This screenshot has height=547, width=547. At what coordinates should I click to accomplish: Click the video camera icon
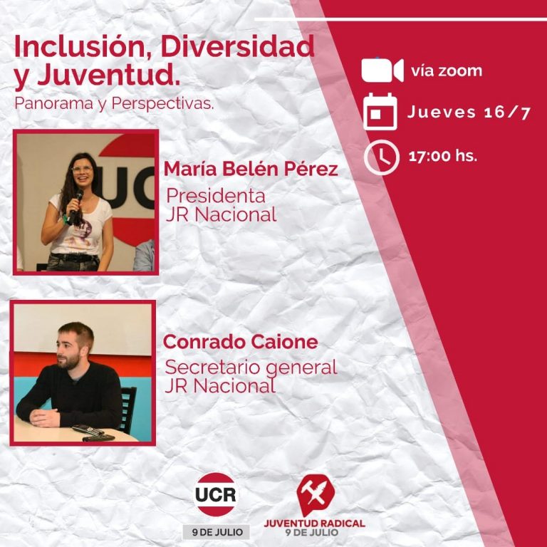pos(382,71)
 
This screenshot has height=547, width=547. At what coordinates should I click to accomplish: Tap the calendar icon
pos(380,112)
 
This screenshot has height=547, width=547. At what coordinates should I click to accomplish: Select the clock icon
pos(381,157)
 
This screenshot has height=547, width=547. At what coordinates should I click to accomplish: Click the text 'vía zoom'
pos(446,71)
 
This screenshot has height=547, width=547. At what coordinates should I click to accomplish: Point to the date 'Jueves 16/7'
pos(469,113)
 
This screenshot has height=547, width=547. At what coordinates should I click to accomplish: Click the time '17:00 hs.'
pos(442,157)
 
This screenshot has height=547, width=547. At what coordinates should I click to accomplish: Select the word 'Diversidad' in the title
pos(237,46)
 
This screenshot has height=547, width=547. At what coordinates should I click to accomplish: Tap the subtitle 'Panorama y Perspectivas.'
pos(114,103)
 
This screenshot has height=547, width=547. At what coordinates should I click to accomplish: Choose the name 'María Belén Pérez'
pos(251,170)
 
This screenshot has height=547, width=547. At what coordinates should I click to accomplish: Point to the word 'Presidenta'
pos(216,195)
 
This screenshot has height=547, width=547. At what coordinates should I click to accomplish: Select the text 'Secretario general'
pos(251,368)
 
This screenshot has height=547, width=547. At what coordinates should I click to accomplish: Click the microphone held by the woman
pos(75,202)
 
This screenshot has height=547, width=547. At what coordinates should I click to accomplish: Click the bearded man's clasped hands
pos(46,417)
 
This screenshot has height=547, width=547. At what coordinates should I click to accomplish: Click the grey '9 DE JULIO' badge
pos(216,531)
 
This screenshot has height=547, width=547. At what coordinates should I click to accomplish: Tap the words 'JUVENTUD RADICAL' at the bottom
pos(314,522)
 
